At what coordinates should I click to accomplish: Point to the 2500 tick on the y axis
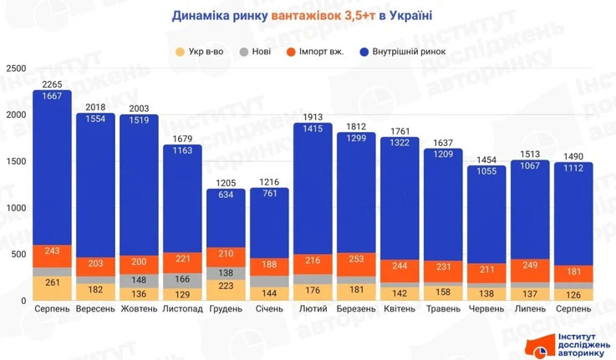14,69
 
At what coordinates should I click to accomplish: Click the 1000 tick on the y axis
14,208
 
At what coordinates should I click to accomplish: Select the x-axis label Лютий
313,309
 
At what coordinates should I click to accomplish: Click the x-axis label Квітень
400,309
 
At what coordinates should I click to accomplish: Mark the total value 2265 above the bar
52,84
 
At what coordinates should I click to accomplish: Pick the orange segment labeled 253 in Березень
356,259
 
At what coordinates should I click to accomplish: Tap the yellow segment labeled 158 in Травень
443,293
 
